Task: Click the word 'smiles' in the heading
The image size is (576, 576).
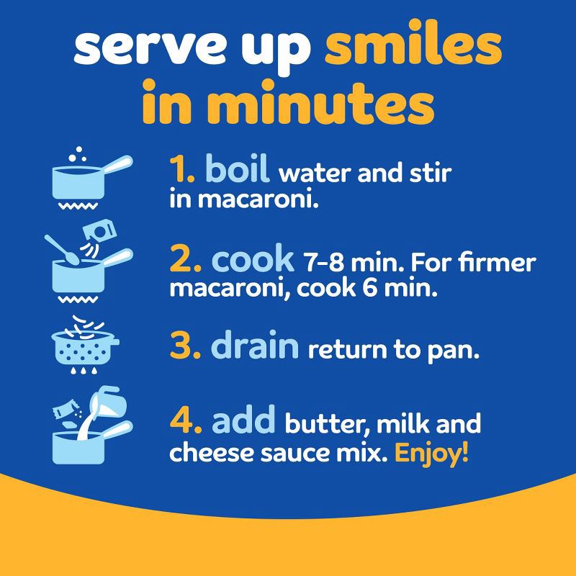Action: pos(413,48)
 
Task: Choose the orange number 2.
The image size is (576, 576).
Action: pos(185,261)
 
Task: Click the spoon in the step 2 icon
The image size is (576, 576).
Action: pos(60,248)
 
